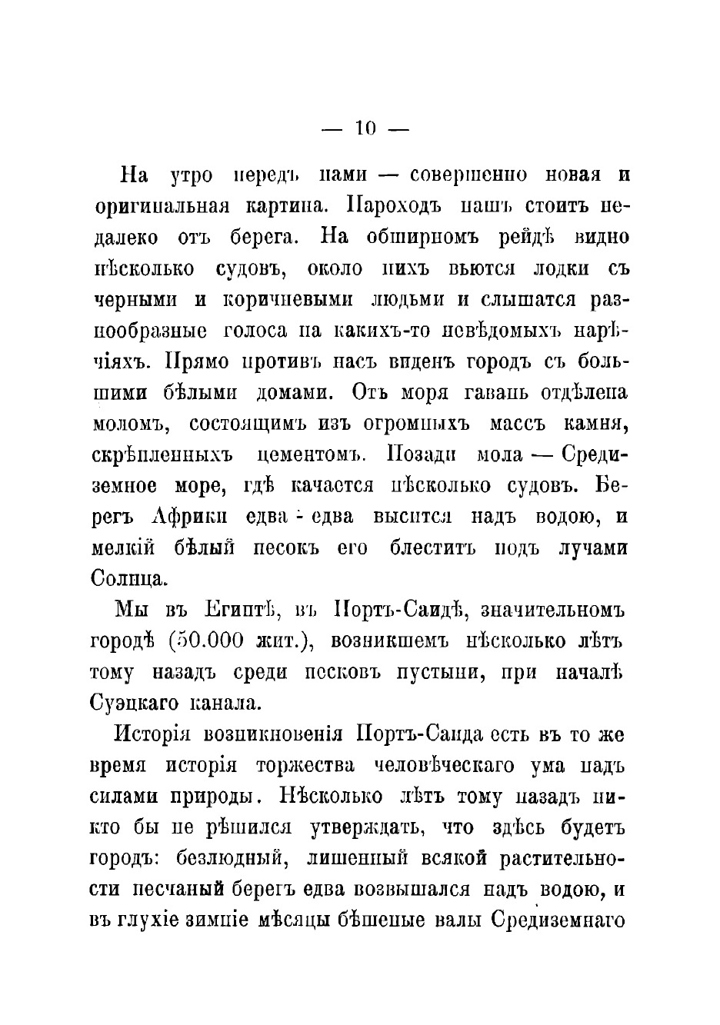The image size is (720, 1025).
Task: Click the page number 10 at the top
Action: click(x=365, y=129)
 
